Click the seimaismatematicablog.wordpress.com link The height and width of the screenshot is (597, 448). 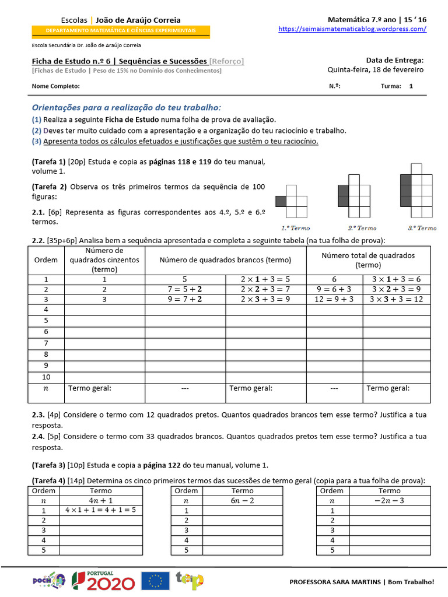click(352, 29)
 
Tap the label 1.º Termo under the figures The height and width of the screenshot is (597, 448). click(296, 228)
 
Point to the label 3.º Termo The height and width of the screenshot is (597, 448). click(422, 228)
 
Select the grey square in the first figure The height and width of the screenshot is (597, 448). click(281, 201)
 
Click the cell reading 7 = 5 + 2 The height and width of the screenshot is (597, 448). click(185, 290)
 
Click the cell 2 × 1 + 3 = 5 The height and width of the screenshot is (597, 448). click(265, 279)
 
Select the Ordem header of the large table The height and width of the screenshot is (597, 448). click(46, 259)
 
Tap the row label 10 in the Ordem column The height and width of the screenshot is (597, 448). click(46, 377)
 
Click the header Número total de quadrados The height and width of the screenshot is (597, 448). click(368, 259)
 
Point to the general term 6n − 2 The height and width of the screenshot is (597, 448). click(242, 500)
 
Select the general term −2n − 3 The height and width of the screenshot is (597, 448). click(389, 500)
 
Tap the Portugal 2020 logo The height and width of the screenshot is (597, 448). click(103, 581)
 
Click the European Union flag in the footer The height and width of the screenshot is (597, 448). click(155, 581)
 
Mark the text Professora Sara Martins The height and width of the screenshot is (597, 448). click(335, 582)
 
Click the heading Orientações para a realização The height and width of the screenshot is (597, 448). click(127, 108)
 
